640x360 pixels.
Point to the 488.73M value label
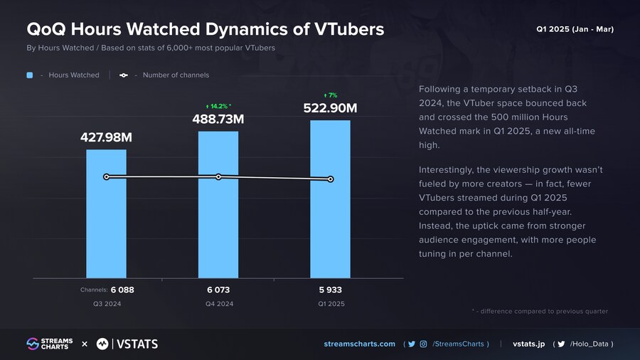tap(218, 120)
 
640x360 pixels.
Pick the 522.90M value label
tap(330, 108)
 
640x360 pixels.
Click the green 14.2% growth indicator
tap(218, 106)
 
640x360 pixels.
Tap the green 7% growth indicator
tap(330, 95)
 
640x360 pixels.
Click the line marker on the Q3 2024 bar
tap(106, 176)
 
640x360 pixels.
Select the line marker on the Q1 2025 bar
tap(330, 179)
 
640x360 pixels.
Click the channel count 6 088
tap(122, 290)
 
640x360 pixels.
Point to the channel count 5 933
tap(330, 290)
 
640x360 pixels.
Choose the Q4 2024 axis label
tap(218, 304)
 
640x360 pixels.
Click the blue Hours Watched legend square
tap(30, 75)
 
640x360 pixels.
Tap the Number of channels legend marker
tap(124, 75)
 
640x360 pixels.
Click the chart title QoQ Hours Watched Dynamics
tap(205, 29)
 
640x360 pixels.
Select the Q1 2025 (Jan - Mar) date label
tap(575, 29)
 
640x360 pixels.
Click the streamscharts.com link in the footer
tap(359, 344)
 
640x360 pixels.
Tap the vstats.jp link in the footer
tap(528, 344)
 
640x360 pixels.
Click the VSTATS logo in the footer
tap(127, 344)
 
